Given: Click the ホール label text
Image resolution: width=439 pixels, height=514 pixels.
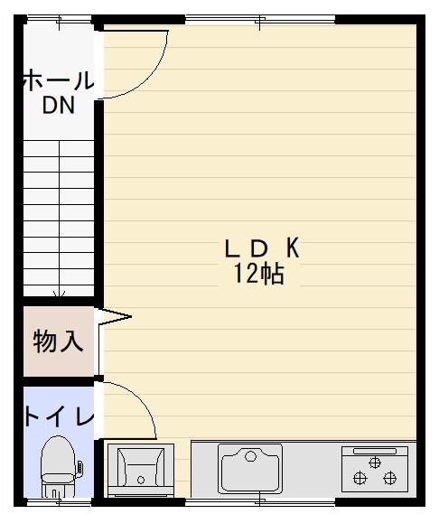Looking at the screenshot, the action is coord(59,81).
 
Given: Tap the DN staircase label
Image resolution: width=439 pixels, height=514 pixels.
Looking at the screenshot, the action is coord(59,105).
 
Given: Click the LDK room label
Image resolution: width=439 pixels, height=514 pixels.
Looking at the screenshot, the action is coord(262,248).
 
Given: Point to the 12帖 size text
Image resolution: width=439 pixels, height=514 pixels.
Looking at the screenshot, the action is coord(258,274).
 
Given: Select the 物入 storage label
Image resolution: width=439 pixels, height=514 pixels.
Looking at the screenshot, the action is coord(58,341).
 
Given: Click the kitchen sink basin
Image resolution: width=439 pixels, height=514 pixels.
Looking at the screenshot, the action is coord(250,469).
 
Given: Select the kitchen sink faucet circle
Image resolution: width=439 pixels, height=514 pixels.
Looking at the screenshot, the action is coord(251,456).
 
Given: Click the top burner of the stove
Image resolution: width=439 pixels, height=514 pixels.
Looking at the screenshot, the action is coord(375,463).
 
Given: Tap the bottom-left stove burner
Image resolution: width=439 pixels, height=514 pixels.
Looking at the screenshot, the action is coord(360,478).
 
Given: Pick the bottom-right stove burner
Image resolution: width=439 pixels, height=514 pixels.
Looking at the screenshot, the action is coord(390,478).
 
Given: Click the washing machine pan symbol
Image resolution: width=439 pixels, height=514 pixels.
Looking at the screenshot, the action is coord(141,470).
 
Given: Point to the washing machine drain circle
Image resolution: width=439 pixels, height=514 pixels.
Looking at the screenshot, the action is coord(141,480).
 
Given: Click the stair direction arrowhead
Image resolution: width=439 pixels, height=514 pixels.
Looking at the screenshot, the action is coord(59,294).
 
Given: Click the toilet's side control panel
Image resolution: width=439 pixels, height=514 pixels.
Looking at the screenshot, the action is coord(79,467).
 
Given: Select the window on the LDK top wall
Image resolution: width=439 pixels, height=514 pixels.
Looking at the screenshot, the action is coord(260,19).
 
